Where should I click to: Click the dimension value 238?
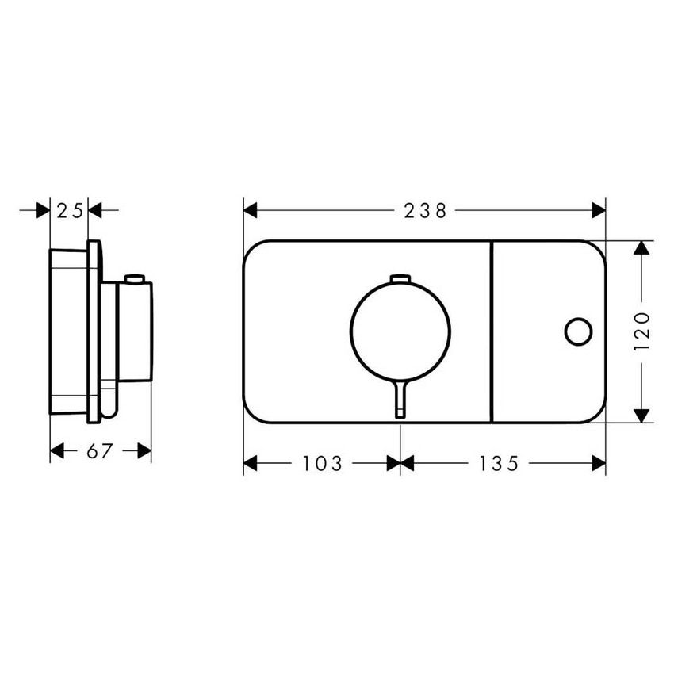pyautogui.click(x=425, y=211)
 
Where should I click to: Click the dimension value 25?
pyautogui.click(x=69, y=211)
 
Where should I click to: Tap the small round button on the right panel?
pyautogui.click(x=577, y=331)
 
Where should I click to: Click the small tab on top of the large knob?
pyautogui.click(x=400, y=278)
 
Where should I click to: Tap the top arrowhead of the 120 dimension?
pyautogui.click(x=641, y=249)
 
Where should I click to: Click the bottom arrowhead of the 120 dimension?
pyautogui.click(x=641, y=414)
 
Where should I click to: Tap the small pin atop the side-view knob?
pyautogui.click(x=134, y=279)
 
